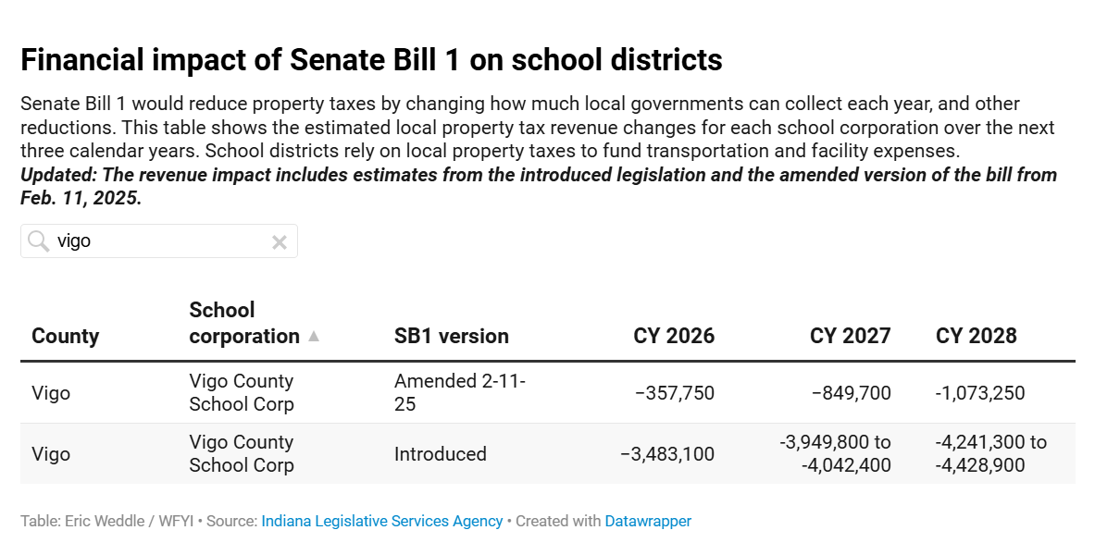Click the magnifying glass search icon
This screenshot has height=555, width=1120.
pyautogui.click(x=38, y=241)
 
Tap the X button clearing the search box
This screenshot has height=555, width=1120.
pyautogui.click(x=279, y=242)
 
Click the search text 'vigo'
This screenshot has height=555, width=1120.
pyautogui.click(x=74, y=241)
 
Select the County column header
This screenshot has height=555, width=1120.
pyautogui.click(x=65, y=336)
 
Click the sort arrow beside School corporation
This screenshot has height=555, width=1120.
pyautogui.click(x=314, y=337)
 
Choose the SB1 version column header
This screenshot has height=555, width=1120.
pyautogui.click(x=451, y=336)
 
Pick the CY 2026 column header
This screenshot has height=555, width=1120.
pyautogui.click(x=674, y=336)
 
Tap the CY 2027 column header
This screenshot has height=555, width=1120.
pyautogui.click(x=850, y=336)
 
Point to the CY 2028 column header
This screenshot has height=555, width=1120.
pyautogui.click(x=976, y=336)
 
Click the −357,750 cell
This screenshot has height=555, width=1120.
pyautogui.click(x=675, y=393)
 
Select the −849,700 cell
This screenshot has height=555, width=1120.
pyautogui.click(x=852, y=393)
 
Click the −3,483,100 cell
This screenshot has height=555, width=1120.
pyautogui.click(x=667, y=454)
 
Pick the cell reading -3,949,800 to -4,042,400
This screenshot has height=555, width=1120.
pyautogui.click(x=835, y=454)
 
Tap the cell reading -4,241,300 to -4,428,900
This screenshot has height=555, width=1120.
pyautogui.click(x=990, y=454)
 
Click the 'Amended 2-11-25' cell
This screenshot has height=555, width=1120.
pyautogui.click(x=459, y=393)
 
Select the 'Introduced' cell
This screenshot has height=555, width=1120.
pyautogui.click(x=440, y=454)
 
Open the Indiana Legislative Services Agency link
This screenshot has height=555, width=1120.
pyautogui.click(x=381, y=522)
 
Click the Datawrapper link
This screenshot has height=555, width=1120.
pyautogui.click(x=648, y=522)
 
